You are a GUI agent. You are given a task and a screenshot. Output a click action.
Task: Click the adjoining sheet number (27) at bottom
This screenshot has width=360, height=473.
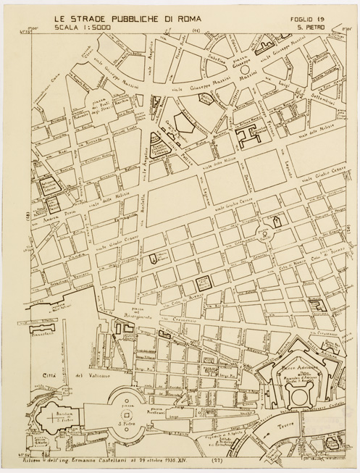(x=216, y=460)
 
